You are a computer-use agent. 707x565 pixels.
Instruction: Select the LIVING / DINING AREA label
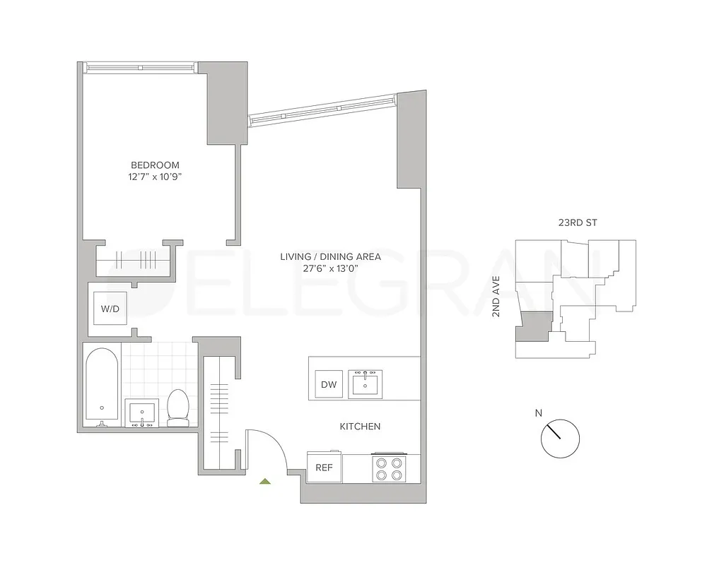pos(330,256)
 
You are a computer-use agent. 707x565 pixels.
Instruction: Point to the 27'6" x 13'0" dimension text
pos(330,268)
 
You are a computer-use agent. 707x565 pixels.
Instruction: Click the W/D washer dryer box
pos(110,309)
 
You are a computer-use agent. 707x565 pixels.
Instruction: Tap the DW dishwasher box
pos(329,384)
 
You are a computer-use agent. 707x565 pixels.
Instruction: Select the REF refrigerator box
pos(324,467)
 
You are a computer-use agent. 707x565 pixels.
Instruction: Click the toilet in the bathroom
pos(177,408)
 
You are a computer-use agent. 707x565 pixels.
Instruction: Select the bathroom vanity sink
pos(143,413)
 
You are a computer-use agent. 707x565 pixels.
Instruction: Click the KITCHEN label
pos(360,427)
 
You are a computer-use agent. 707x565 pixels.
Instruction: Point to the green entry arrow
pos(265,482)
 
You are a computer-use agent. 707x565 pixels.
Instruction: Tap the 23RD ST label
pos(578,223)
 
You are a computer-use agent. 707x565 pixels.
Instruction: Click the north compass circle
pos(560,439)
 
